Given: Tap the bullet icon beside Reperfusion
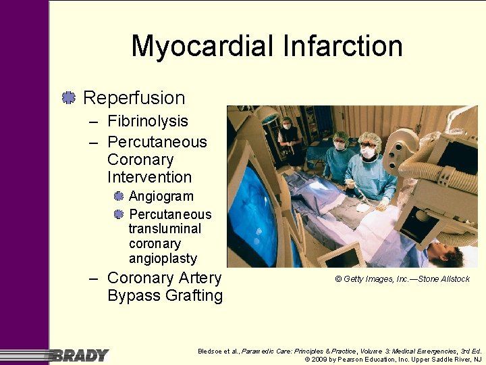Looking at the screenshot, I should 67,98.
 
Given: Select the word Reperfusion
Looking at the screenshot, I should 134,98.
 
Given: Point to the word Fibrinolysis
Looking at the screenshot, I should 148,122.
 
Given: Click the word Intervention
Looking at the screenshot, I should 149,178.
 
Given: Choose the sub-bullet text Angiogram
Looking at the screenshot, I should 161,197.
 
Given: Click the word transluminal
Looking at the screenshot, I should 165,229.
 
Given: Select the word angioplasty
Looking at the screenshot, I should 163,259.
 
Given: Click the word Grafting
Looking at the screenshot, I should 165,296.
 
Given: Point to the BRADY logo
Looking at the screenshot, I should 78,355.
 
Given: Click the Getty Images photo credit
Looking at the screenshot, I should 402,279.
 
